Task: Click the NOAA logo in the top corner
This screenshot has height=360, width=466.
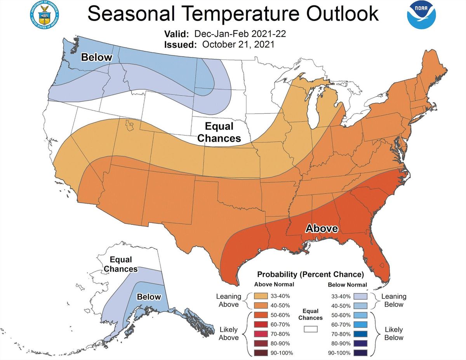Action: point(421,14)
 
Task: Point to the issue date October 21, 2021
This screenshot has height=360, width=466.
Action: point(238,44)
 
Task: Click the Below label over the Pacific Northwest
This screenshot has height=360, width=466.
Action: point(96,58)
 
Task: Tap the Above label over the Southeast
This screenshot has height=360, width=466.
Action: point(322,228)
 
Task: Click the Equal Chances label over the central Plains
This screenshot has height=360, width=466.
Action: point(223,132)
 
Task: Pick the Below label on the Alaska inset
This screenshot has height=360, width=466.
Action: point(148,297)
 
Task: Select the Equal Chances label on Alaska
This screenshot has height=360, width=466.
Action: point(121,264)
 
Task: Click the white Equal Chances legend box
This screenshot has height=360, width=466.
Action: point(311,329)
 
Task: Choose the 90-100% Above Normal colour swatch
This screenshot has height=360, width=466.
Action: point(261,353)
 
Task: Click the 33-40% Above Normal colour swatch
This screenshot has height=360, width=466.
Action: point(261,296)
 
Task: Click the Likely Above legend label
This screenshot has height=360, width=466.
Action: point(228,334)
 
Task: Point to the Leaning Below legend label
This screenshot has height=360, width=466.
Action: point(394,301)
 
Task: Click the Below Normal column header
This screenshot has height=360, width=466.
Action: point(347,285)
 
